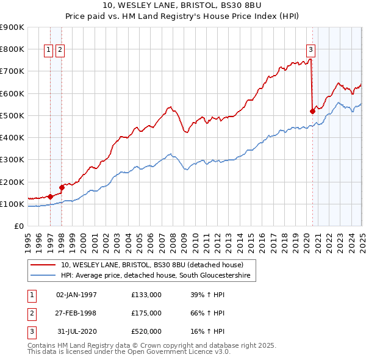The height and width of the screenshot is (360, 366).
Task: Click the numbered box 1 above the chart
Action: (49, 51)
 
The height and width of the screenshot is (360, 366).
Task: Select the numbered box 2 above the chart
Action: (60, 51)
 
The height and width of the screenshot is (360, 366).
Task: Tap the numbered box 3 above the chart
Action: (310, 51)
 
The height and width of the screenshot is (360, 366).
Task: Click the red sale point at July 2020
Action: (312, 111)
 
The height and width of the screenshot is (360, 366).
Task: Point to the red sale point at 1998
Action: (62, 187)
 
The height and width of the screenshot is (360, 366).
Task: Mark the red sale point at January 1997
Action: (50, 196)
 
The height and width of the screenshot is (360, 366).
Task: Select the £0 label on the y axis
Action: (19, 226)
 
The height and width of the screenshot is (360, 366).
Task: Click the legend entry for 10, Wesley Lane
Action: (152, 265)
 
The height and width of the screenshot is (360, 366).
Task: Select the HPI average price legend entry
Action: (158, 276)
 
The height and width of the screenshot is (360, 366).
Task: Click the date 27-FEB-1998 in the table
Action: (76, 313)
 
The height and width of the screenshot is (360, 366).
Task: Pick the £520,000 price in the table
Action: (146, 331)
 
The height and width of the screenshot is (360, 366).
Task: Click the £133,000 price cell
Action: (146, 295)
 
